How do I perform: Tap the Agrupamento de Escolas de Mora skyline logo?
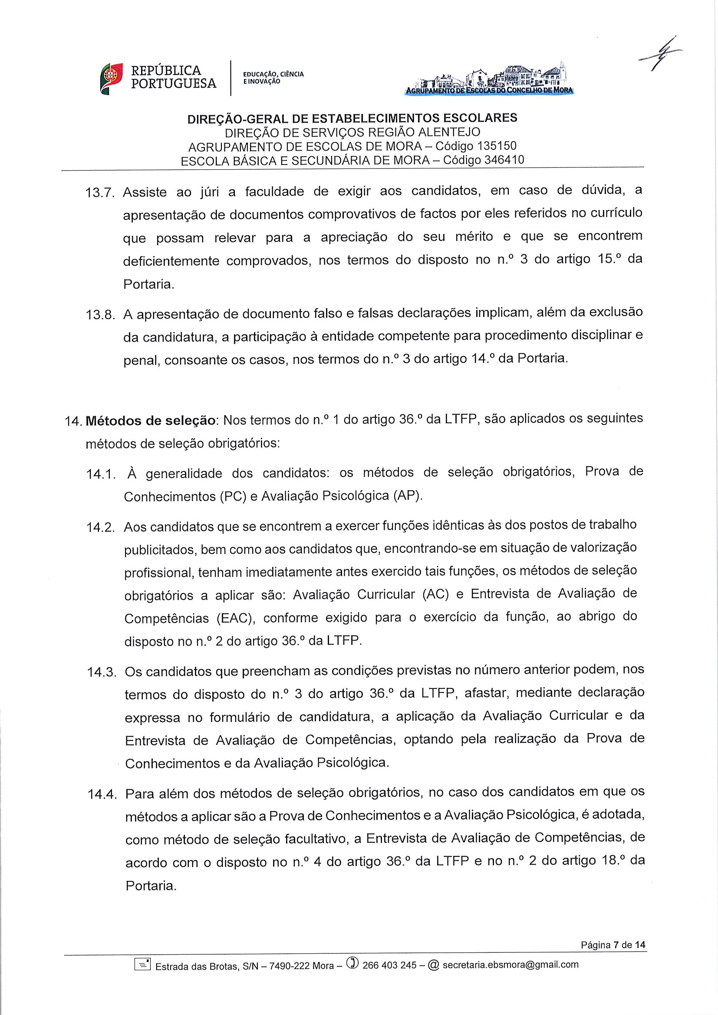488,80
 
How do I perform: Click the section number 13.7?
100,193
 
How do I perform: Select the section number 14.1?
101,475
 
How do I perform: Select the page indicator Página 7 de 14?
613,945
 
